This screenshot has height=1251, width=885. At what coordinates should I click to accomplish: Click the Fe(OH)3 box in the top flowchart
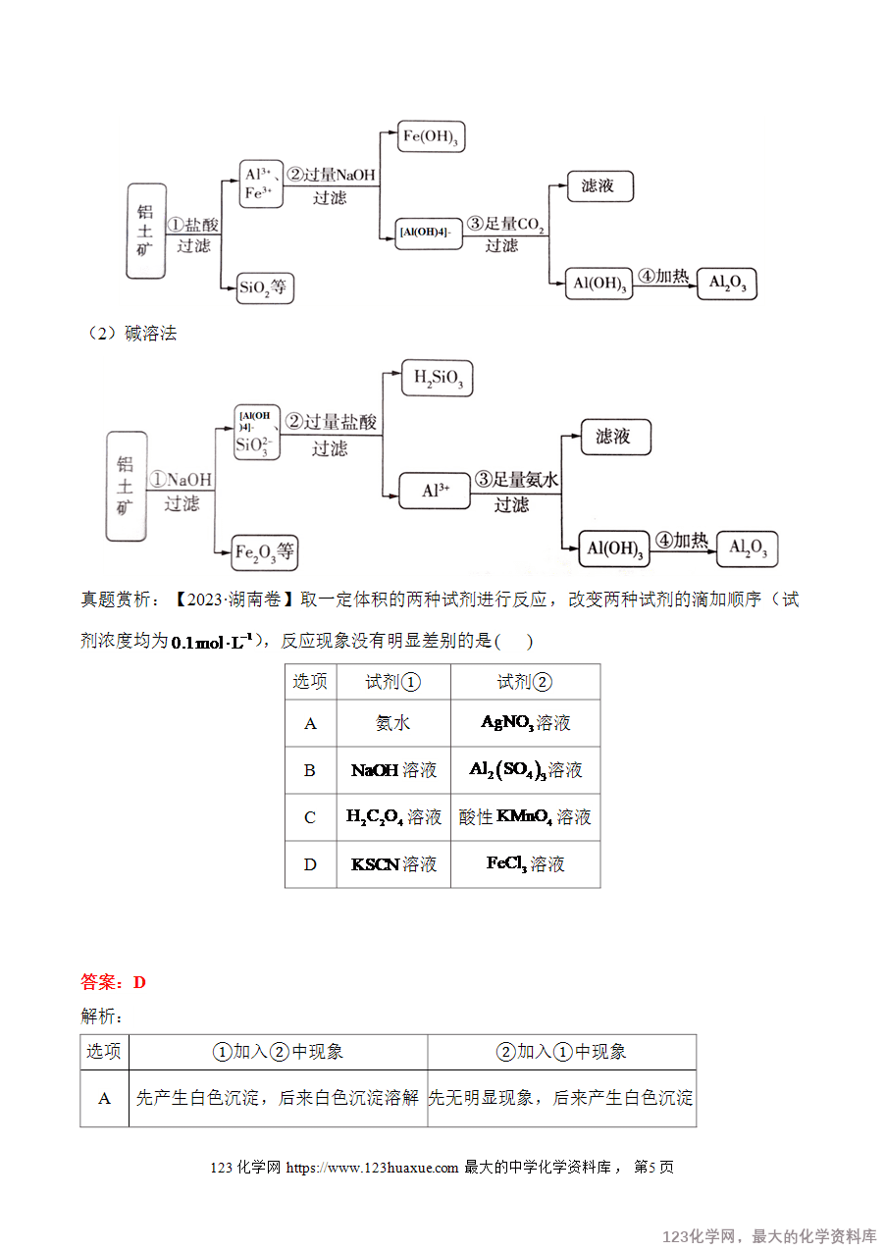click(x=431, y=136)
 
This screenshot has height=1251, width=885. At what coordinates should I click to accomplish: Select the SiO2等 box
click(x=265, y=287)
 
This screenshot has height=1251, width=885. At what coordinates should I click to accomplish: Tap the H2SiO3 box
click(x=438, y=378)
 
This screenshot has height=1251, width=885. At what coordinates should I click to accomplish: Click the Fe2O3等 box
click(x=265, y=552)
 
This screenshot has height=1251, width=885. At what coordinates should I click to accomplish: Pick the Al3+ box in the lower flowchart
click(x=435, y=491)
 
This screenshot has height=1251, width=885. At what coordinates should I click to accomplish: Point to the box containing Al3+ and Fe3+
click(x=261, y=183)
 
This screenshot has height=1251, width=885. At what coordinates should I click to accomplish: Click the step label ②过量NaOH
click(x=331, y=175)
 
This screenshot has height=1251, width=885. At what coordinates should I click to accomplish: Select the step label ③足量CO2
click(x=505, y=224)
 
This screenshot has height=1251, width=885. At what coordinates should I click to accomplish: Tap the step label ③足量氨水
click(x=516, y=479)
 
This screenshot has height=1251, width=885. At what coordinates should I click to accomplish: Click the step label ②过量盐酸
click(x=331, y=422)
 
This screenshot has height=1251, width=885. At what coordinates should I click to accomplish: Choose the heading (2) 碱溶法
click(x=130, y=334)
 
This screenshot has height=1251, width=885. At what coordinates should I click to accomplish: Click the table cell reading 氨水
click(x=393, y=723)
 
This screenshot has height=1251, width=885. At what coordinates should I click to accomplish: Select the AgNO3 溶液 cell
click(x=526, y=723)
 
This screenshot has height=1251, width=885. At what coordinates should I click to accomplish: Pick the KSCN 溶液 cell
click(x=393, y=864)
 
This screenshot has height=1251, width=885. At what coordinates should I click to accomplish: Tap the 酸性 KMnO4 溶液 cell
click(x=526, y=817)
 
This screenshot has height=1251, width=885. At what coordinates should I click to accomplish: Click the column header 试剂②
click(x=526, y=682)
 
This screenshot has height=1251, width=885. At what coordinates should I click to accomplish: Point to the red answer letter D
click(x=139, y=982)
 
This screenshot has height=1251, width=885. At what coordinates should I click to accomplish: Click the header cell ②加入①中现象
click(x=561, y=1052)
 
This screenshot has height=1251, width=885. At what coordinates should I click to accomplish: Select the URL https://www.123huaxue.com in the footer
click(x=372, y=1168)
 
